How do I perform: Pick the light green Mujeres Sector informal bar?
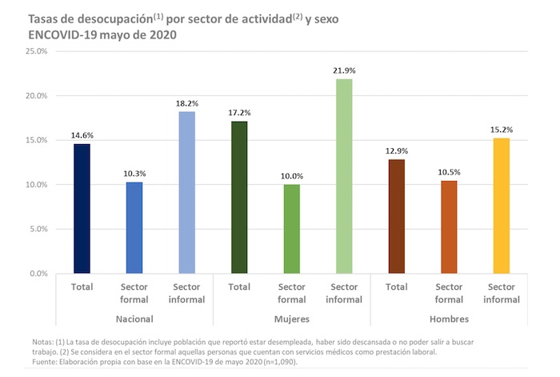click(343, 176)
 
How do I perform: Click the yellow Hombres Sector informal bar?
click(501, 206)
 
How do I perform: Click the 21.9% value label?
click(344, 71)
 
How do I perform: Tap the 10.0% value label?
click(291, 176)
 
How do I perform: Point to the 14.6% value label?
click(82, 135)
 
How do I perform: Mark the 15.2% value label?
click(501, 130)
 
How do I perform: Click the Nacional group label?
click(134, 318)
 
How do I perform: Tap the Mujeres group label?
click(291, 318)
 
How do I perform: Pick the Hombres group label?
click(448, 318)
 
